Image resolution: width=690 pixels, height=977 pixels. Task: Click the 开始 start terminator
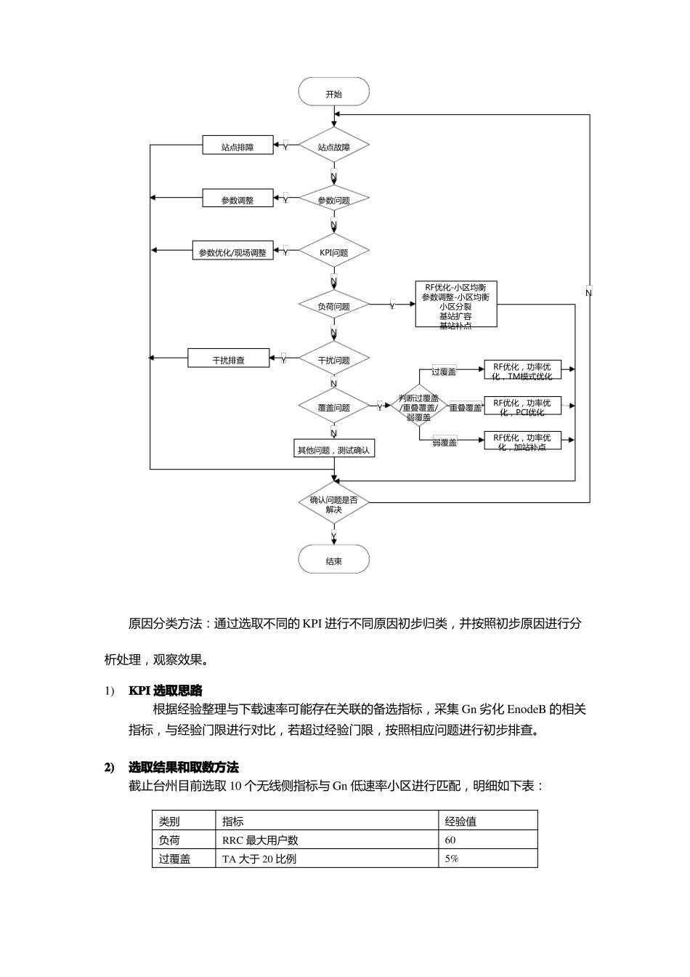(333, 93)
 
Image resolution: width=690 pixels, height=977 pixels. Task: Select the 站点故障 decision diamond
(333, 146)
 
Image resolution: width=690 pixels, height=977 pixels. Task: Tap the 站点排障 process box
(238, 146)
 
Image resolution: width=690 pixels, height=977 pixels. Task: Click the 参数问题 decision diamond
(333, 199)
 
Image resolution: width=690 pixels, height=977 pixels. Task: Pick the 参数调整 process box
(238, 199)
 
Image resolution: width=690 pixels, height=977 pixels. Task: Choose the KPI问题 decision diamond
(333, 252)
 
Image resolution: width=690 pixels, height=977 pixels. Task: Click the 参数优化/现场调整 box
(232, 252)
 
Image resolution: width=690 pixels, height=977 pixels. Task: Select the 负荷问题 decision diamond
(333, 305)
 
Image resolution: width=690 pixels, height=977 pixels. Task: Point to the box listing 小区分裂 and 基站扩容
(455, 305)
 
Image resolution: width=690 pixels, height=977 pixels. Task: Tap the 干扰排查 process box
(229, 359)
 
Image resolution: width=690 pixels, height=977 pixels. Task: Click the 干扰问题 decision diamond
(333, 359)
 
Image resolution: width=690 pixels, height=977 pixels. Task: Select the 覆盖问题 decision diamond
(333, 407)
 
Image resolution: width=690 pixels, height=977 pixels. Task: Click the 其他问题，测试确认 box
(333, 449)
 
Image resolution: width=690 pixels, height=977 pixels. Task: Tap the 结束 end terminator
(333, 560)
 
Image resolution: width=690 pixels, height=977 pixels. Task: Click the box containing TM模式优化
(522, 371)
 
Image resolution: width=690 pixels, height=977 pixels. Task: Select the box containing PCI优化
(522, 406)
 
